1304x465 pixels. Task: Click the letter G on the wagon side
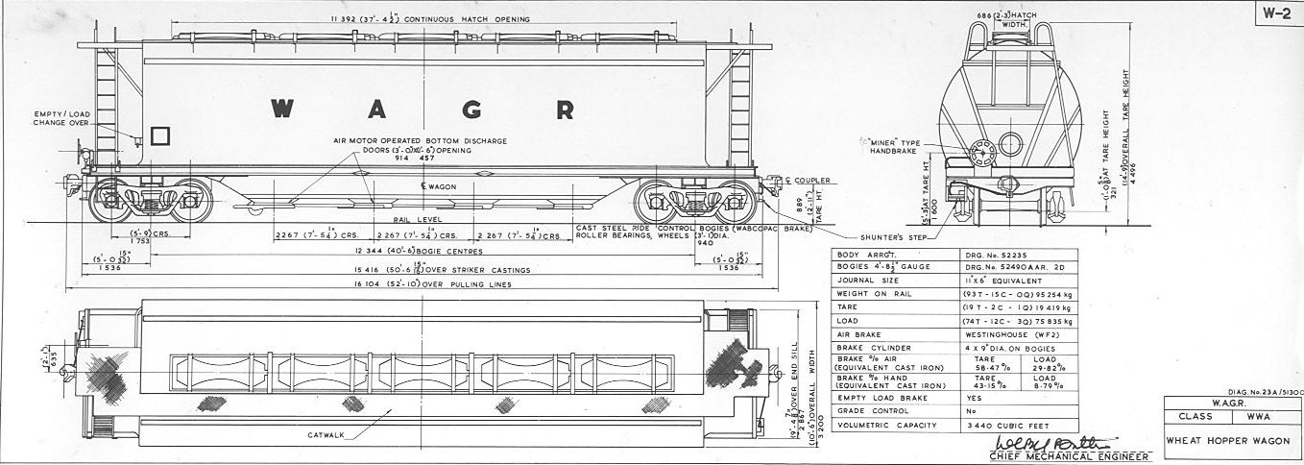[x=471, y=109]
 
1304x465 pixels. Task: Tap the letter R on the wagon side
[x=565, y=109]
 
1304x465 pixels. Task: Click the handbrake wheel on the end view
[x=982, y=153]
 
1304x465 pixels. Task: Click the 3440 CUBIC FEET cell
[x=1003, y=426]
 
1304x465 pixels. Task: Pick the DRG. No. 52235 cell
[x=991, y=253]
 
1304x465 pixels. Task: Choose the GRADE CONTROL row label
[x=870, y=410]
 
